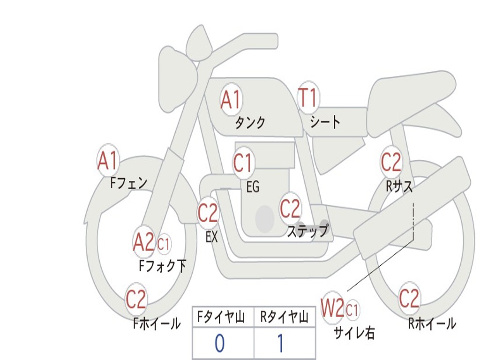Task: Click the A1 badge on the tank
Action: [231, 99]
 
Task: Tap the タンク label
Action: [250, 123]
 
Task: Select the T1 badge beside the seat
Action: [308, 98]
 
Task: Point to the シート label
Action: [325, 122]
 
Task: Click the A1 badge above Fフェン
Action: [108, 161]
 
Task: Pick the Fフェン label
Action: [128, 183]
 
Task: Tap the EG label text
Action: [253, 187]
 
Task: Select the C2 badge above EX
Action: [208, 213]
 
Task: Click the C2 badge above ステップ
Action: [290, 209]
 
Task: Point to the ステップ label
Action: [307, 231]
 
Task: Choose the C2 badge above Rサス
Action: [391, 162]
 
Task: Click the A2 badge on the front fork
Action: [143, 242]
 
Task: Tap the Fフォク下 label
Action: [162, 266]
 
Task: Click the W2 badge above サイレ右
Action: [332, 308]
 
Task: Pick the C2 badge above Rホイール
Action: [409, 298]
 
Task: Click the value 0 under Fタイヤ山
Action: [219, 344]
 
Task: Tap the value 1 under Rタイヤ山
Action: [280, 344]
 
